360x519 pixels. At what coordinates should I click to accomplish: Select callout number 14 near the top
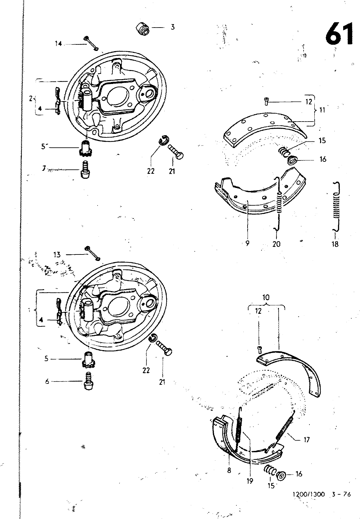click(x=58, y=44)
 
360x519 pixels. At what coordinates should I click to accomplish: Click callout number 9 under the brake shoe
click(x=247, y=243)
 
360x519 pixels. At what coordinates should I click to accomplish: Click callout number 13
click(x=57, y=254)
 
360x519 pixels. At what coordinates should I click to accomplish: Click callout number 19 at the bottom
click(x=250, y=481)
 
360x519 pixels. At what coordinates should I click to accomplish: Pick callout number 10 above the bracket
click(x=266, y=297)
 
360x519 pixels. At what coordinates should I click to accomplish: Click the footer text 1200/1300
click(x=308, y=494)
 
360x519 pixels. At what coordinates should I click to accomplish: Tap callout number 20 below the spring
click(x=276, y=244)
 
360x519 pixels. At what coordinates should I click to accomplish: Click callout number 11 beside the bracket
click(x=322, y=110)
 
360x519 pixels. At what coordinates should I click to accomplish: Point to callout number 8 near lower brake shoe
click(x=229, y=470)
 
